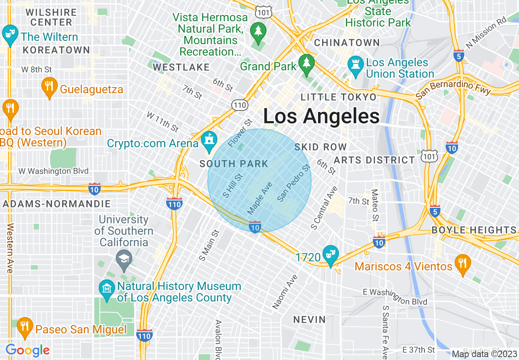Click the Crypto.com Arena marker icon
(210, 141)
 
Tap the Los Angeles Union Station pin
(355, 65)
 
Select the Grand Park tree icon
(306, 64)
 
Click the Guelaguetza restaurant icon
(49, 87)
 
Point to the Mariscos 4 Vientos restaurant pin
(463, 264)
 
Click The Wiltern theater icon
(10, 34)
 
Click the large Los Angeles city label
(321, 116)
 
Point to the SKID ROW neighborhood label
(320, 147)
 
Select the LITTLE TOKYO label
(338, 97)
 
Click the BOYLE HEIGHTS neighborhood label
(474, 230)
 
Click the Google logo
(27, 350)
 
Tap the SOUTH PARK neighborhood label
(234, 164)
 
